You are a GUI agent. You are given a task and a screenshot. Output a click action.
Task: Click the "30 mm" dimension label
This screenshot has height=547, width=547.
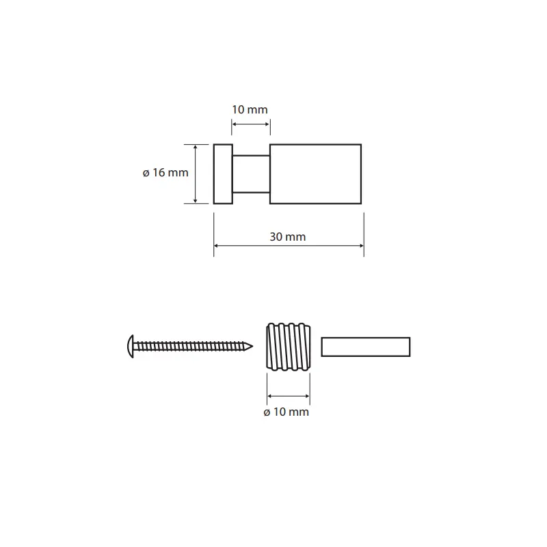coord(287,237)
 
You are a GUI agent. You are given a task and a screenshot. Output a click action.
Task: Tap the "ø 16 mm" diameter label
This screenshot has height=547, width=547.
coord(165,172)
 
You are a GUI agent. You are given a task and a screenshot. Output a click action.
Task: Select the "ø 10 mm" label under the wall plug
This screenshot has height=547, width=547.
coord(286,412)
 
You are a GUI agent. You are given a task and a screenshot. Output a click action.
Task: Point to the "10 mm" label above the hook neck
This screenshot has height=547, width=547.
coord(250,109)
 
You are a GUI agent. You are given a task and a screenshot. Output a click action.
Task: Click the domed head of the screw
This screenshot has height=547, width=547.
coord(130,347)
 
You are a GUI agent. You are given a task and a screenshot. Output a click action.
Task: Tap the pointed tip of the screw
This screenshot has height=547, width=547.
coord(252,347)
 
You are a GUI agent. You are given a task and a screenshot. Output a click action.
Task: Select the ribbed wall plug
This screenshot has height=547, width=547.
coord(288,347)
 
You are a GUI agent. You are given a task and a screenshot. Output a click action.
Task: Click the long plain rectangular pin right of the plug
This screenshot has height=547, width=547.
coord(366,347)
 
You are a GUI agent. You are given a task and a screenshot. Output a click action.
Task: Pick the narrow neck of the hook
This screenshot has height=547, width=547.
coord(251,174)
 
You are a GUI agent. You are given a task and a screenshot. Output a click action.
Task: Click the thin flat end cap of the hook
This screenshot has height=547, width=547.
coord(223,174)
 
